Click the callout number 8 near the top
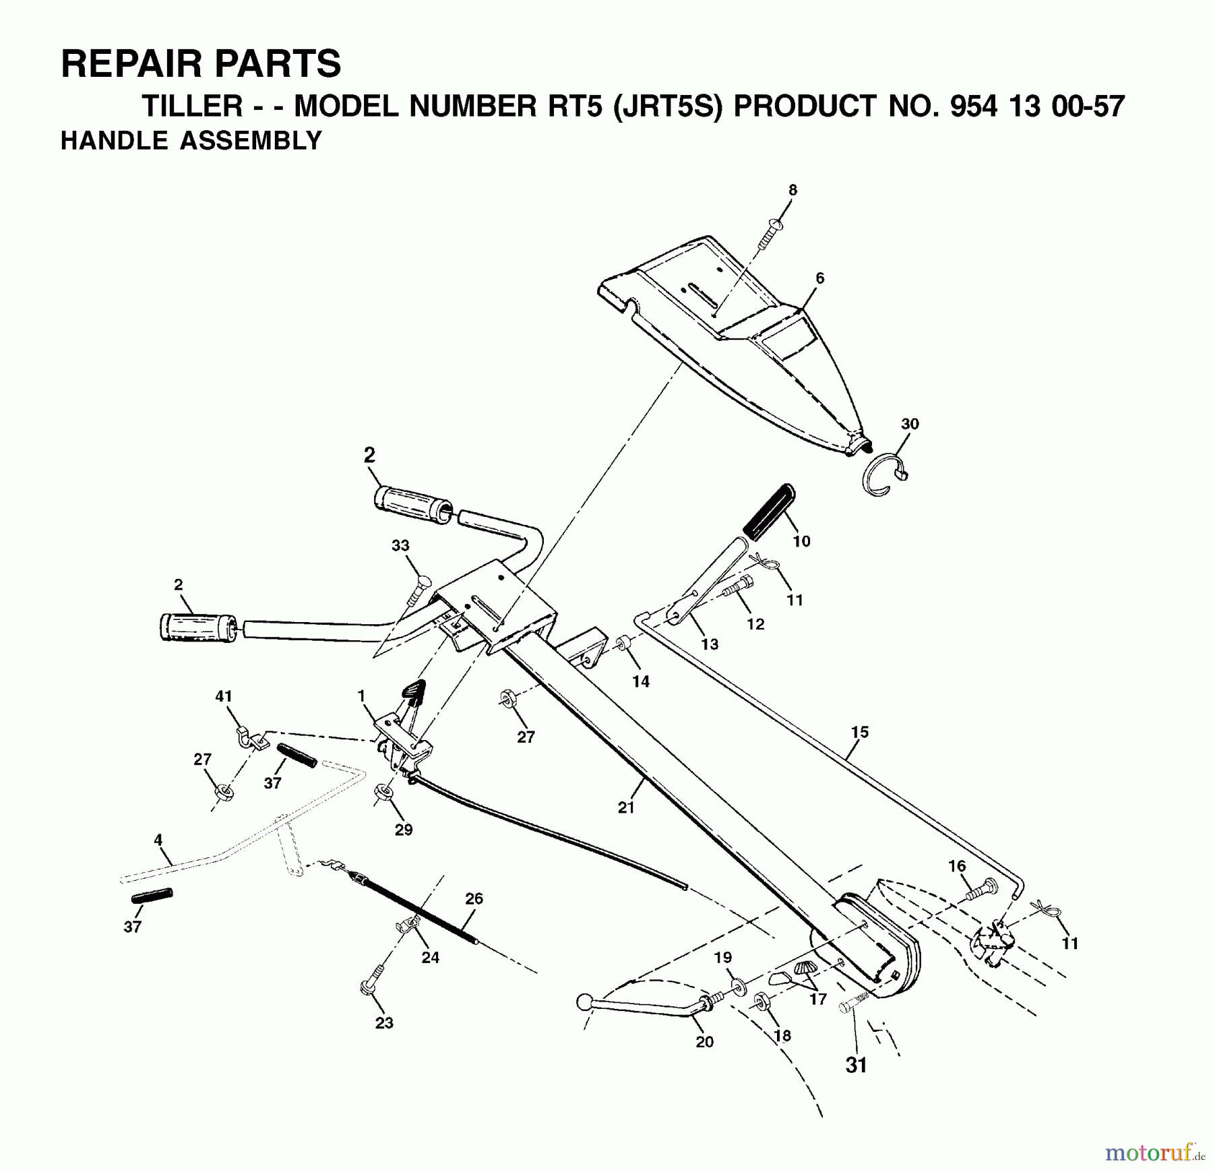(792, 191)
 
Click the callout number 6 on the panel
(819, 278)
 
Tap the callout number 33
(400, 546)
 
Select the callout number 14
(641, 681)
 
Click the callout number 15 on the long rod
(859, 732)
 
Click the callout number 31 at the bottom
(856, 1066)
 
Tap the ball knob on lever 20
(584, 1003)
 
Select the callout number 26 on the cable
(474, 898)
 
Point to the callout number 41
(224, 696)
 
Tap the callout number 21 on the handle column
(626, 807)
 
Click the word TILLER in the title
(192, 107)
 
